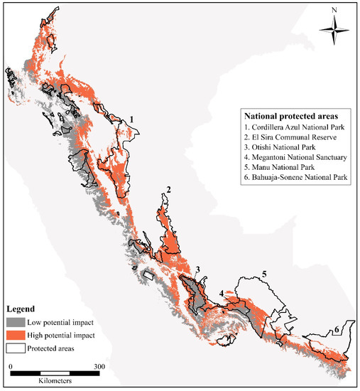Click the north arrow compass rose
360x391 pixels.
(x=334, y=31)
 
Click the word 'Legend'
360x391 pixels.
(x=23, y=309)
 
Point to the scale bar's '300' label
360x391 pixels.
(x=99, y=365)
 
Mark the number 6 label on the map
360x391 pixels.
(x=335, y=329)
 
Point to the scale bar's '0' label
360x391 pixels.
(x=11, y=365)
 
